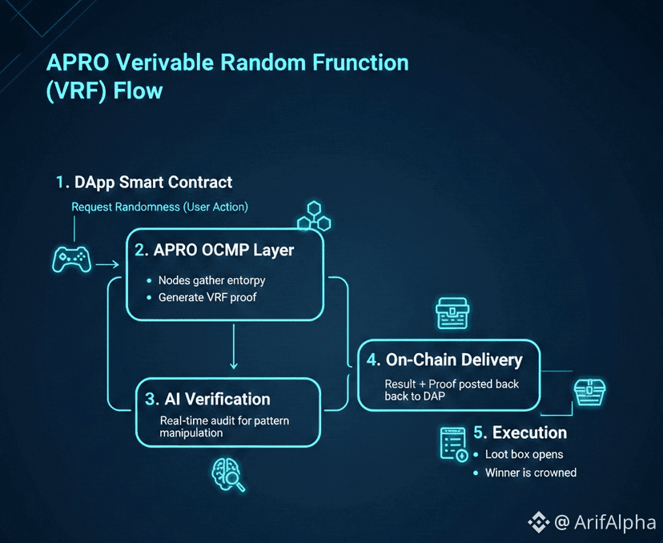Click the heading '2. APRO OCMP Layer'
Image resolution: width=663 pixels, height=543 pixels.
(x=214, y=250)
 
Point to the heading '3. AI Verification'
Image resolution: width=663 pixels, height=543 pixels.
(x=207, y=399)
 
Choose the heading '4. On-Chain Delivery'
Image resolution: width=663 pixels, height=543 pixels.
(x=444, y=360)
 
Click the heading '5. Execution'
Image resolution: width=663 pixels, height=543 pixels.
(x=520, y=432)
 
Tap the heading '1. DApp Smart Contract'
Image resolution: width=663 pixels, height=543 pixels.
(x=144, y=183)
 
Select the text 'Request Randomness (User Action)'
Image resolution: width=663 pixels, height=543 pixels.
(x=159, y=207)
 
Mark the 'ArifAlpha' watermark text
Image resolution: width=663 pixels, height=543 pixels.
(x=615, y=522)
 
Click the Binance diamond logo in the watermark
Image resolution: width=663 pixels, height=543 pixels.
(x=538, y=522)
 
